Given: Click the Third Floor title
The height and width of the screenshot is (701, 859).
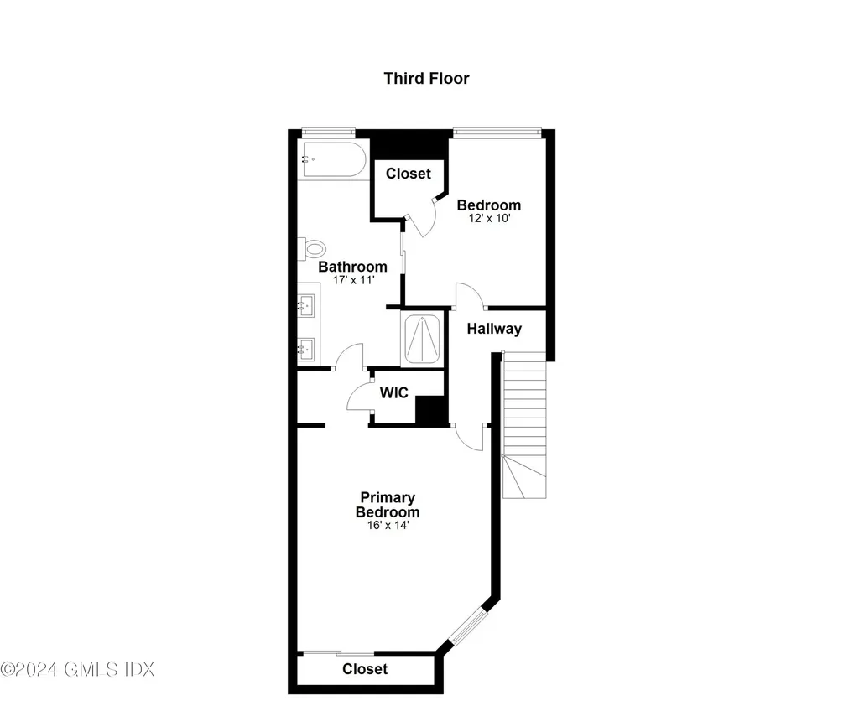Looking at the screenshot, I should coord(426,79).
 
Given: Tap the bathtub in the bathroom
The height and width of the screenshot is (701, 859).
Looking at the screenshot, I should coord(333,159).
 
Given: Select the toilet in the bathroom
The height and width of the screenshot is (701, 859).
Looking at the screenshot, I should coord(314,248).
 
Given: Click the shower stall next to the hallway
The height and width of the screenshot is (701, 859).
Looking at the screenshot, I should coord(424,338).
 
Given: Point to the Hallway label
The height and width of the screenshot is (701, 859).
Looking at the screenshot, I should coord(494,330).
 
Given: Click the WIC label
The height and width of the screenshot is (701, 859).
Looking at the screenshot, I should coord(394,392).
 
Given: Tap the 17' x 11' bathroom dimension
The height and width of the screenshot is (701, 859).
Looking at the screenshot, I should coord(351,280).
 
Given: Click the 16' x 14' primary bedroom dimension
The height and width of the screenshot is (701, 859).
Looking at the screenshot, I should coord(387,526).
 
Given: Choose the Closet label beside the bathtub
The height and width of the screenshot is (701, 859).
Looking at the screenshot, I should coord(409,174).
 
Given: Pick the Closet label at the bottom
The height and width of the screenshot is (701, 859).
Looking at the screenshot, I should coord(365,669).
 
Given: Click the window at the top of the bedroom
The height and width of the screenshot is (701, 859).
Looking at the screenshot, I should coord(497,131).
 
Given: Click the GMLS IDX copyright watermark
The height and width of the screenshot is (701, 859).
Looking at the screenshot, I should coord(77,669).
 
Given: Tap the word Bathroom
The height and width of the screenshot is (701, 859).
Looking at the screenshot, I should coord(352,267).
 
